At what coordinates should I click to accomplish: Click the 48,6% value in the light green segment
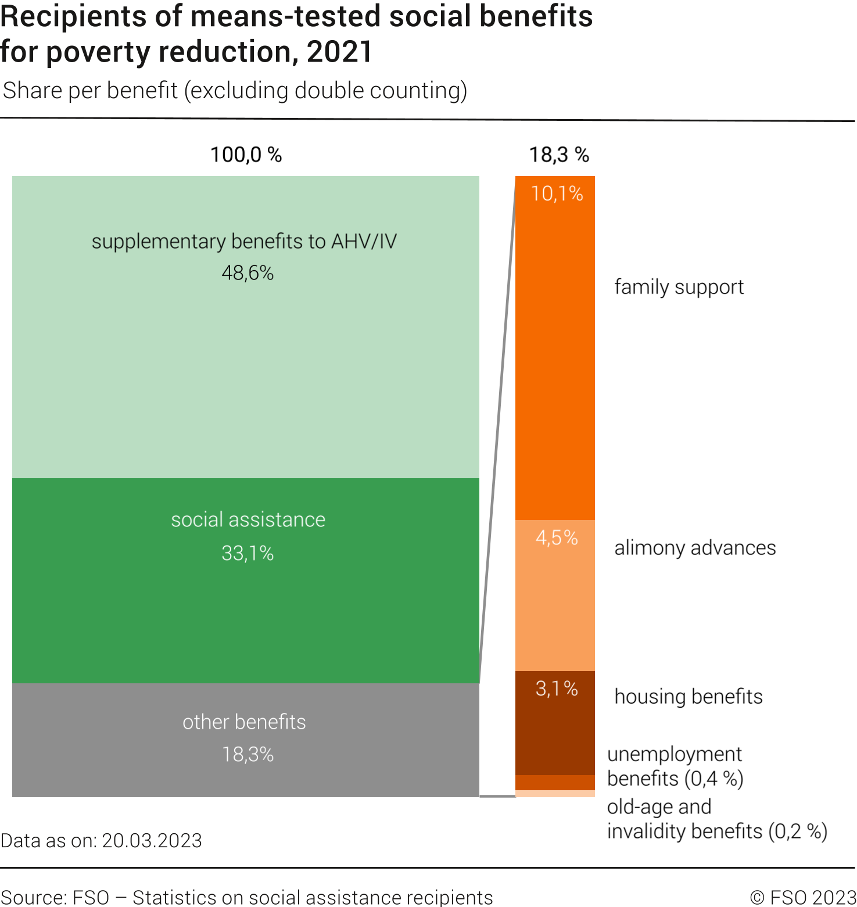248,273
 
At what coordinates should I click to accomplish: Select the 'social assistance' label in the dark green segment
248,519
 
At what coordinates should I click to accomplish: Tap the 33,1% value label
248,553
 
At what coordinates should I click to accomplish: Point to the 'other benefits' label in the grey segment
244,722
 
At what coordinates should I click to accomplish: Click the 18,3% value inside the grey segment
248,754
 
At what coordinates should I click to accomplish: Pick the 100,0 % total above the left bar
246,155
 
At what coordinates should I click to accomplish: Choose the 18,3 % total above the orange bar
558,155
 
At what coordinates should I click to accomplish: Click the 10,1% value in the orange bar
557,193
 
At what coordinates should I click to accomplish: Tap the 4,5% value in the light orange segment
556,537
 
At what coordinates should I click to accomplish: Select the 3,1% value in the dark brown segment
556,689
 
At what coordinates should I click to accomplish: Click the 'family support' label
679,287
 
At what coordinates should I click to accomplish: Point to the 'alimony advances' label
695,548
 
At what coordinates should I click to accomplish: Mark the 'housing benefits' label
689,696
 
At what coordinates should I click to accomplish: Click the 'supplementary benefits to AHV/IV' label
244,241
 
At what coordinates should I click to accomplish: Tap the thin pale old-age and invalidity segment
555,794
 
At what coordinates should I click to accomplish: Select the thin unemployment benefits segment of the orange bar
555,783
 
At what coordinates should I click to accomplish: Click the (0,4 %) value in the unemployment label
714,779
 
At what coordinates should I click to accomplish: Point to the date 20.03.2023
152,841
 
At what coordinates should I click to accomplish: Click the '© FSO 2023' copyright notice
803,897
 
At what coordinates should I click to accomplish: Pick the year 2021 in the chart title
339,52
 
